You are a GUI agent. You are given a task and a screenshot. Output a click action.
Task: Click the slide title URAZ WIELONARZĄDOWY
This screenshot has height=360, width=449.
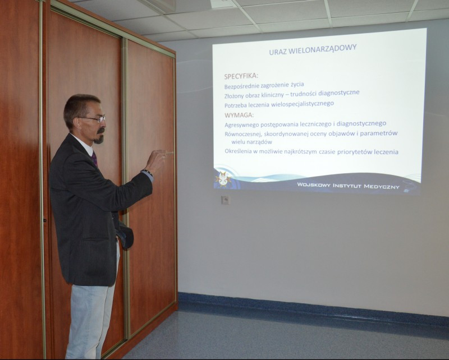point(313,49)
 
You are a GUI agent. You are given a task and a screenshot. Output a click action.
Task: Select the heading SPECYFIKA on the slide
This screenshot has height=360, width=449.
point(241,76)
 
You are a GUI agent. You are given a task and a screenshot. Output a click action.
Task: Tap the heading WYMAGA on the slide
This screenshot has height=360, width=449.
point(239,115)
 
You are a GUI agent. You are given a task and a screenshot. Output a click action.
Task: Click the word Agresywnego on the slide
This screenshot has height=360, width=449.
point(241,125)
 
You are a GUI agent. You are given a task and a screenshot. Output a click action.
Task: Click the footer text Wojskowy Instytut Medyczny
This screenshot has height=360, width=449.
point(348,186)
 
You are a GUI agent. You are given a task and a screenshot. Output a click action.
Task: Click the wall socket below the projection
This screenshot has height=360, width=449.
point(226,200)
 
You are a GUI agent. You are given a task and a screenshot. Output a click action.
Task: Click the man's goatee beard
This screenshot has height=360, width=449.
point(99,137)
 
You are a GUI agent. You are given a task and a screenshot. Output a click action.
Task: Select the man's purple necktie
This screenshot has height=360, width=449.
point(94,159)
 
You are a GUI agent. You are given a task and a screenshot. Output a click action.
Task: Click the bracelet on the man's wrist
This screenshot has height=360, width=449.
point(147,172)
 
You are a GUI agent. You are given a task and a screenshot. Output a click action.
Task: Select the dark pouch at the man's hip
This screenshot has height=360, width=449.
point(125,234)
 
